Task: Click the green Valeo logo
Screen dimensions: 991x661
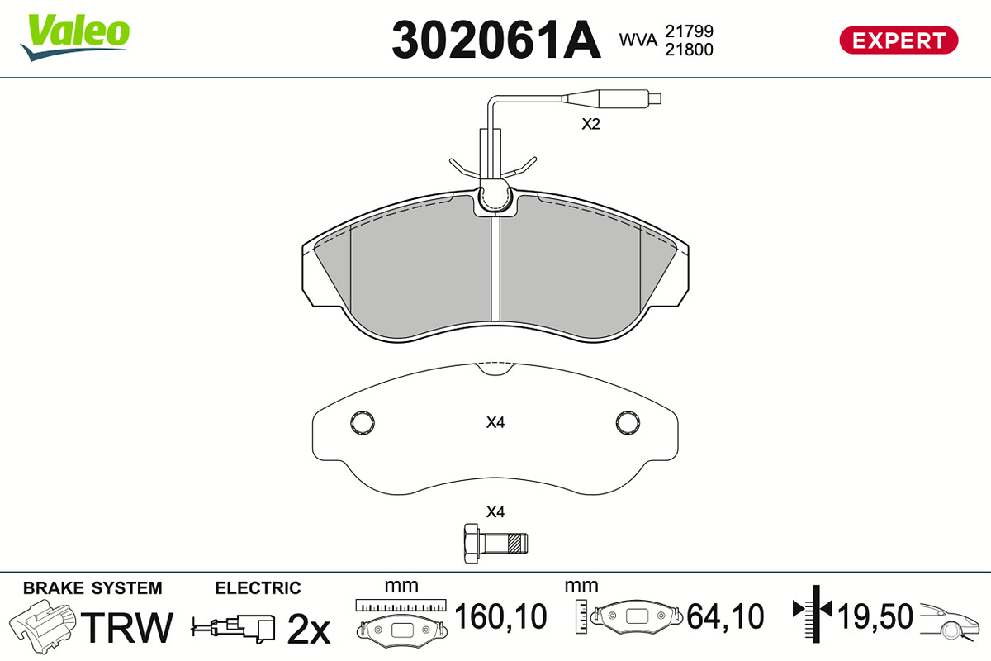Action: point(75,37)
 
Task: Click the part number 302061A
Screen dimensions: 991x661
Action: point(496,40)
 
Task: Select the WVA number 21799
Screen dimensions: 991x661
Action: point(689,31)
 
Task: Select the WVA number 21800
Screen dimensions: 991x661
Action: point(689,50)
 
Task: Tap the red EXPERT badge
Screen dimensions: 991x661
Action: point(899,40)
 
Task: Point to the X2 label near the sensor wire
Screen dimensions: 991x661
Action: point(590,124)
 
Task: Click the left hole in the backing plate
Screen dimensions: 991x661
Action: point(363,423)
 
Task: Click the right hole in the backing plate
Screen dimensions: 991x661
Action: point(628,423)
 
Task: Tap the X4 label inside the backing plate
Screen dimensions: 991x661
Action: point(495,423)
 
